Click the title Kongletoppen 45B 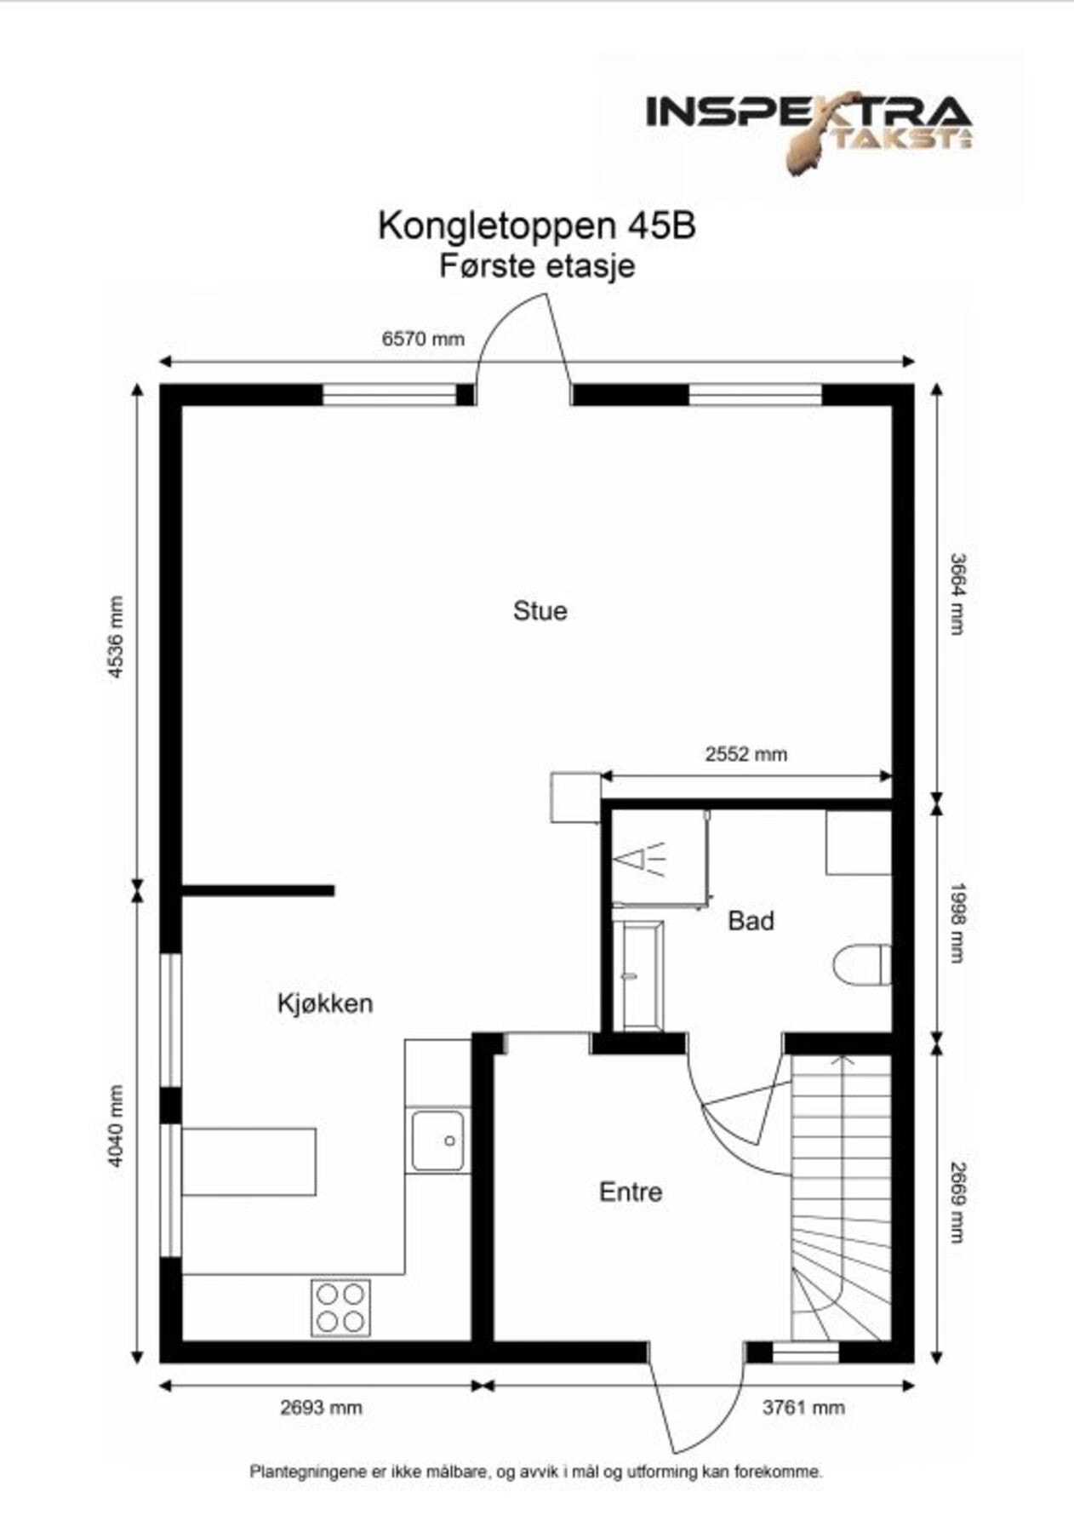click(537, 226)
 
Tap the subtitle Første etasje click(537, 266)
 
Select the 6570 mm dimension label click(423, 339)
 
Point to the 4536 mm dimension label click(116, 637)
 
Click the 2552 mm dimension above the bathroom click(746, 753)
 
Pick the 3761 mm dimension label click(803, 1407)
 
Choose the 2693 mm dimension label click(321, 1407)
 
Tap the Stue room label click(540, 611)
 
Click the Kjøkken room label click(325, 1003)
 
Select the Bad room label click(751, 921)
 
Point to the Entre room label click(631, 1192)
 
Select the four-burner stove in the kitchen click(340, 1307)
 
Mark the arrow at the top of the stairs click(842, 1060)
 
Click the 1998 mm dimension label click(957, 922)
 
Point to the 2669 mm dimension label click(957, 1202)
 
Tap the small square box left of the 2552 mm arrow click(575, 797)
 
